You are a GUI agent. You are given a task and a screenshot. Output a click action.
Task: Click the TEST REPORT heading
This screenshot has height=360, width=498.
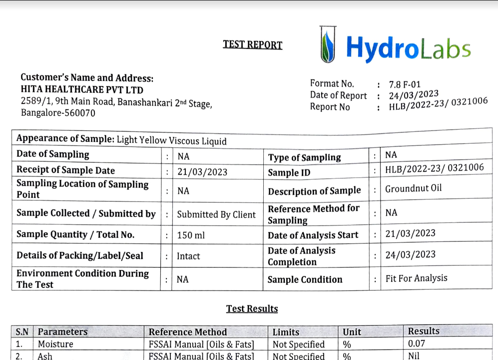click(252, 44)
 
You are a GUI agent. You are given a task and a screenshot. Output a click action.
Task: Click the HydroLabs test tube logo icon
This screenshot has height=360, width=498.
click(327, 44)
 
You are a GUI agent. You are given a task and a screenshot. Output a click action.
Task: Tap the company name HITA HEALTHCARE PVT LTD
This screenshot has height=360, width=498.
click(82, 90)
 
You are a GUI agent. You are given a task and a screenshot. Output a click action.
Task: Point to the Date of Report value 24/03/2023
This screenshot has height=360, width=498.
click(414, 95)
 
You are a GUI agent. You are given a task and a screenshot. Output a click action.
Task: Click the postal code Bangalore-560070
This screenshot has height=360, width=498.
click(58, 112)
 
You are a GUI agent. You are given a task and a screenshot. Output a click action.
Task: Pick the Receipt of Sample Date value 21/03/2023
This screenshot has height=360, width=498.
click(202, 172)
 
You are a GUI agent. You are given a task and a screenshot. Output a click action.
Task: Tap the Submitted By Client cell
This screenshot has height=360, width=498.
click(216, 214)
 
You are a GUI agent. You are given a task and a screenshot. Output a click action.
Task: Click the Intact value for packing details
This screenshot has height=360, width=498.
click(188, 256)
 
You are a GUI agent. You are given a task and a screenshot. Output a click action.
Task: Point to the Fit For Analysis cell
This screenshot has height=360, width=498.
click(416, 278)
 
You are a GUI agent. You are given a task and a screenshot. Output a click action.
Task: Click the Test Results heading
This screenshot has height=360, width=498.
click(252, 308)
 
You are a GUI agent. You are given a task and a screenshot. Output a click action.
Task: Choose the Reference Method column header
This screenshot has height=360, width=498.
click(188, 332)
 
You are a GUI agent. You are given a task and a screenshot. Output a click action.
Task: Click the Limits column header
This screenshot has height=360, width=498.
click(286, 332)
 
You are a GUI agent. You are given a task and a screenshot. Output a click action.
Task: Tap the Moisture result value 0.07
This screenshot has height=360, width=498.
click(417, 343)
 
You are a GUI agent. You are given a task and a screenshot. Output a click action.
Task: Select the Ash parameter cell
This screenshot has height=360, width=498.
click(45, 356)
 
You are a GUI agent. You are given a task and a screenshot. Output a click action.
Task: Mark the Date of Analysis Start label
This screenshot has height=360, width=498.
click(313, 235)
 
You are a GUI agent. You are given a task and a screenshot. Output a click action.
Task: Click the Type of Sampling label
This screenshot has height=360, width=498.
click(304, 157)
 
